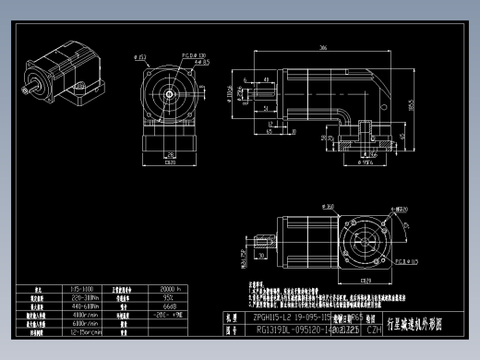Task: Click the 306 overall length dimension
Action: click(324, 46)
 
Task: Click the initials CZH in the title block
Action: click(374, 328)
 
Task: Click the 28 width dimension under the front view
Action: click(171, 155)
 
